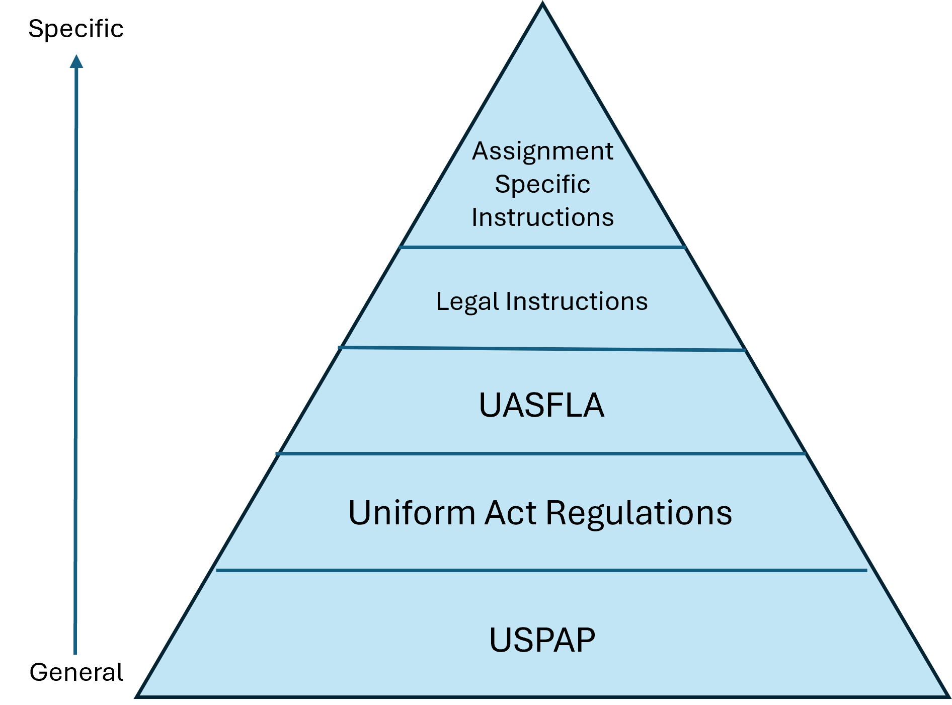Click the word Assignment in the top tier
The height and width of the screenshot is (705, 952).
click(542, 151)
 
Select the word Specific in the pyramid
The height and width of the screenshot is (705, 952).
click(542, 184)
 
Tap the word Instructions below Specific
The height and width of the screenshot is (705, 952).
click(542, 217)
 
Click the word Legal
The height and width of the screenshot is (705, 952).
click(467, 302)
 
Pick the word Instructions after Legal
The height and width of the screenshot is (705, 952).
click(577, 301)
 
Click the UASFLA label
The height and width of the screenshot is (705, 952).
click(541, 405)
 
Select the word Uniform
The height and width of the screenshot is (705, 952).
click(412, 513)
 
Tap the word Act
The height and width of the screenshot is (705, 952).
click(510, 513)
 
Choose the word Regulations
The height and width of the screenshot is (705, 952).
click(639, 513)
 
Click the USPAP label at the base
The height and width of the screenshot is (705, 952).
click(542, 640)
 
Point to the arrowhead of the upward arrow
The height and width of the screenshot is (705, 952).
click(76, 61)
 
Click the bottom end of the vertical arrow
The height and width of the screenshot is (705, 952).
click(75, 653)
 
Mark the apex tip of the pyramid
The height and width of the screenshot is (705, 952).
click(543, 5)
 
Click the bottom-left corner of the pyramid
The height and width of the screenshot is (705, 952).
click(137, 696)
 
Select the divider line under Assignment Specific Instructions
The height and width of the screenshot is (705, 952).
click(542, 247)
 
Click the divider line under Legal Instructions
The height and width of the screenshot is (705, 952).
click(542, 349)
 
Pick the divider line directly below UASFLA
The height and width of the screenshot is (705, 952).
click(541, 453)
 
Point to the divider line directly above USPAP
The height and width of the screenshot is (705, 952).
click(541, 570)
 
